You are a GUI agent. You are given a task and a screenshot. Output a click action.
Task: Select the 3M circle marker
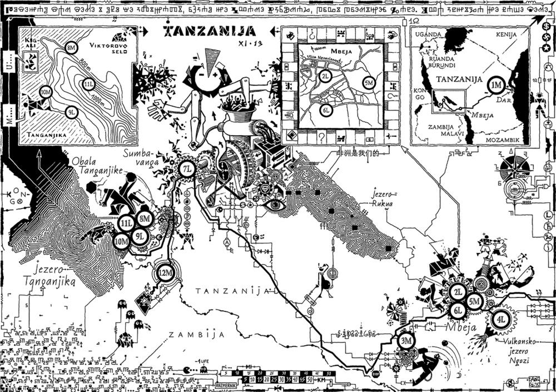point(407,341)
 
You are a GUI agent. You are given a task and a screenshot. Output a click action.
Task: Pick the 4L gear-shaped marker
point(501,320)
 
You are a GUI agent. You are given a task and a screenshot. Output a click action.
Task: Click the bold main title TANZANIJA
point(210,30)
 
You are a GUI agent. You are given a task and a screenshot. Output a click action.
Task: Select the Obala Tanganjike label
point(97,166)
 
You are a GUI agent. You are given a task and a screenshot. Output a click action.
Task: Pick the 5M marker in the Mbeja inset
point(368,83)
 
